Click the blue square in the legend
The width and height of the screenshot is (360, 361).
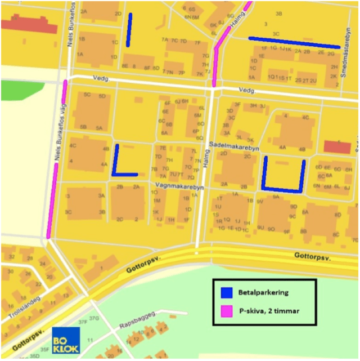tap(226, 292)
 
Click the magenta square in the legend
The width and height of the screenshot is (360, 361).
tap(226, 310)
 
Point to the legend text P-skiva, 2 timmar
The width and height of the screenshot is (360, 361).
tap(267, 310)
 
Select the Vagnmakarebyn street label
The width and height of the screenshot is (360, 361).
tap(179, 185)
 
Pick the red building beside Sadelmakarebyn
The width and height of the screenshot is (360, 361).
tap(337, 147)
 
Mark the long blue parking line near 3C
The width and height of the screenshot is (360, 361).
tap(294, 42)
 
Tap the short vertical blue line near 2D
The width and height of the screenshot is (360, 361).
tap(129, 29)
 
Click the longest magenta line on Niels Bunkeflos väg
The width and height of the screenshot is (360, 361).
tap(52, 200)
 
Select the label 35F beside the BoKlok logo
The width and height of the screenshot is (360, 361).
tap(44, 349)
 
